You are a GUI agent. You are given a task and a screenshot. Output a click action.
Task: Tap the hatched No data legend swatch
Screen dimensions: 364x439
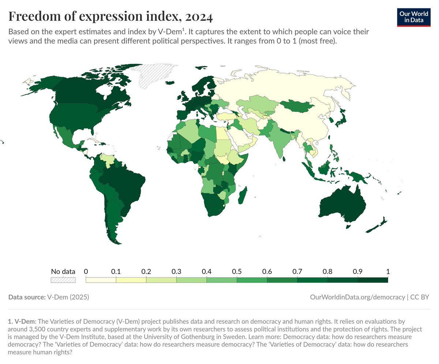click(63, 280)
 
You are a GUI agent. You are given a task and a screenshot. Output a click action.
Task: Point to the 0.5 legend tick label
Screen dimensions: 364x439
click(237, 272)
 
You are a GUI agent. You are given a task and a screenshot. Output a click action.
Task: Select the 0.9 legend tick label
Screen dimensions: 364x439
click(357, 272)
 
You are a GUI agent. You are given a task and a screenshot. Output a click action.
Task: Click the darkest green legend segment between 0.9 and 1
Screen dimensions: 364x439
click(372, 280)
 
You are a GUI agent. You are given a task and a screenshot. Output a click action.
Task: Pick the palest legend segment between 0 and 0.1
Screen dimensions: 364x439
click(101, 280)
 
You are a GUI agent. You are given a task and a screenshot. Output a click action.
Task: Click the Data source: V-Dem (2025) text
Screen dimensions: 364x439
click(49, 297)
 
